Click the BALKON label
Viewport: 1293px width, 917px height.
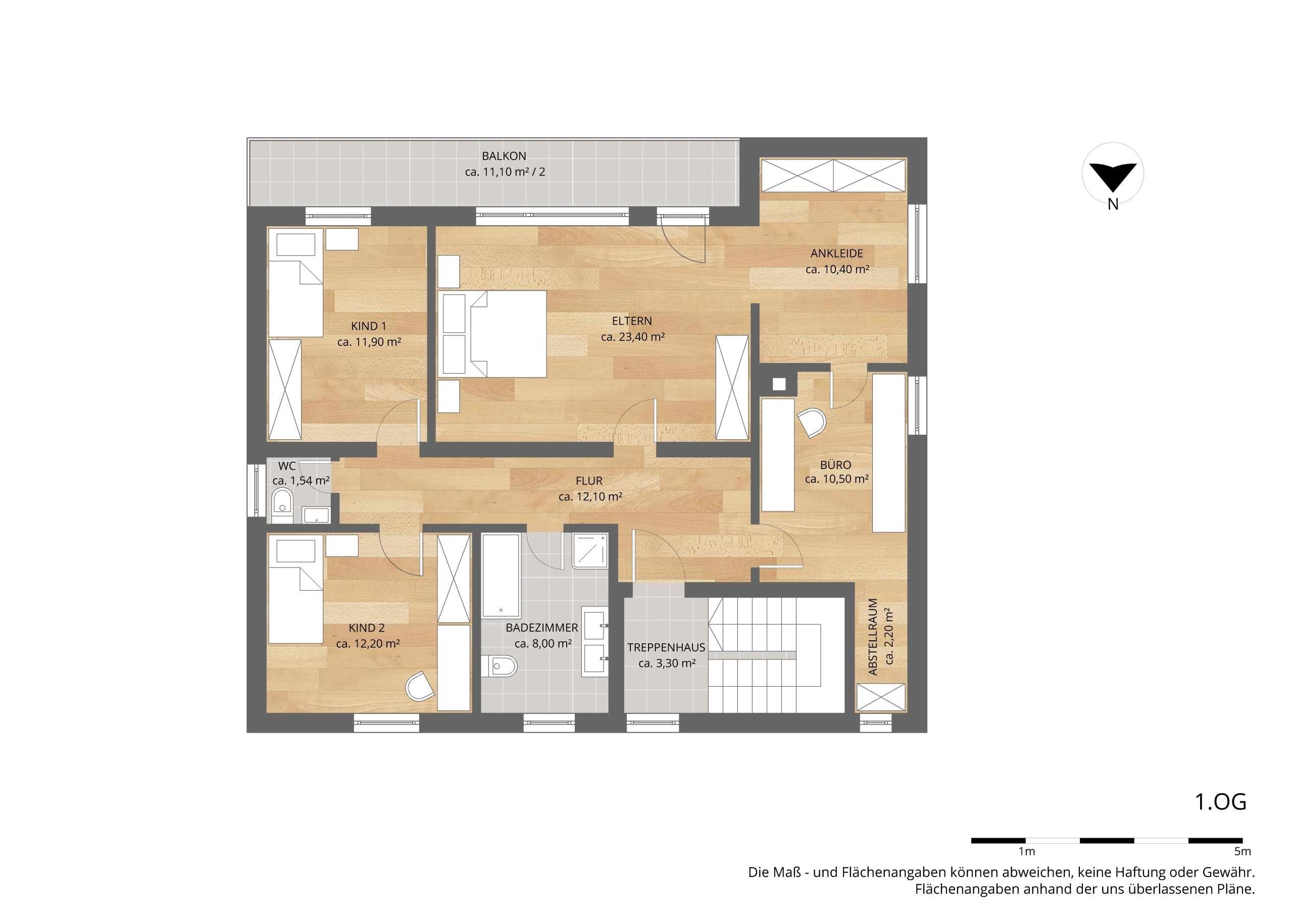pos(504,156)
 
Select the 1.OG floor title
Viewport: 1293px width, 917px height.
pos(1221,802)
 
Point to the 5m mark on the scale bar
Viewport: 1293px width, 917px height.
pos(1242,851)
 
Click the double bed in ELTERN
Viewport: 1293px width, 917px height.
pos(492,334)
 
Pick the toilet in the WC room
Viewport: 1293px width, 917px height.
pos(282,500)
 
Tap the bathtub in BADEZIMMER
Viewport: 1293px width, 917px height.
pos(501,575)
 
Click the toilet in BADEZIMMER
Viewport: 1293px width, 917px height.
pos(499,667)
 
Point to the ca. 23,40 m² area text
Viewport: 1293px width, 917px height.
pos(632,337)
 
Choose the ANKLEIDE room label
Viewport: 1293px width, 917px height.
pos(837,253)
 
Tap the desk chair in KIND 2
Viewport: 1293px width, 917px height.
pos(420,686)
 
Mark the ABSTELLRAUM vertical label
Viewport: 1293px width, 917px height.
pos(873,637)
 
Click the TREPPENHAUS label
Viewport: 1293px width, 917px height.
pos(666,648)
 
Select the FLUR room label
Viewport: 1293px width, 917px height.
pos(589,481)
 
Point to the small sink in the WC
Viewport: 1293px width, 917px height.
pos(316,515)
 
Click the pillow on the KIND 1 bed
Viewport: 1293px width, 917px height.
pos(296,244)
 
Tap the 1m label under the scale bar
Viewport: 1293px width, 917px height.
pos(1026,851)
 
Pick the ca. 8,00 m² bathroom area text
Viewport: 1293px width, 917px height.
pos(543,644)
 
